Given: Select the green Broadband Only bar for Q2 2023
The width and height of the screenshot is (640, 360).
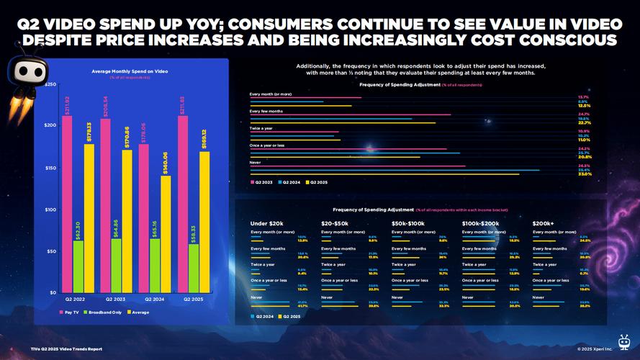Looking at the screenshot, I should coord(117,266).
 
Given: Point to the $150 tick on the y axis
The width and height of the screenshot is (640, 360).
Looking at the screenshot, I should coord(50,168).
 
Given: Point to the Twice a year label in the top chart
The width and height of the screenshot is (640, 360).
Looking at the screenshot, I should coord(261,128).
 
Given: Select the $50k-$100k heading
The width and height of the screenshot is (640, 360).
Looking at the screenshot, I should coord(410,222).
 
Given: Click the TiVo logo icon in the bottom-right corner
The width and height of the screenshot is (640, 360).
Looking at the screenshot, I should coord(624,341).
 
